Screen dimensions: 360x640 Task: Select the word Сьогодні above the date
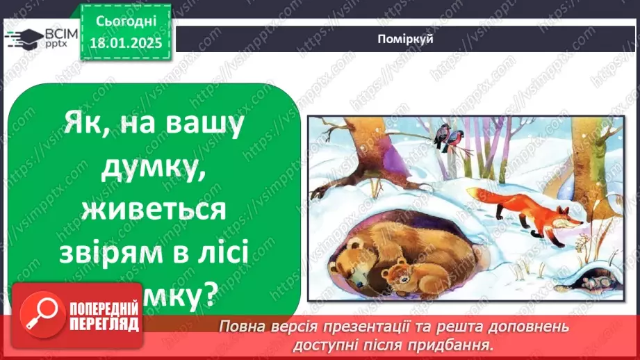(x=126, y=22)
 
